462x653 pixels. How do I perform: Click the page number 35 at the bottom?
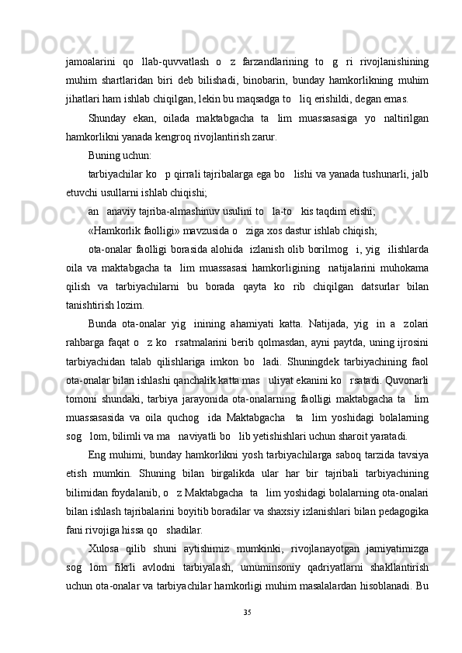pyautogui.click(x=248, y=613)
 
